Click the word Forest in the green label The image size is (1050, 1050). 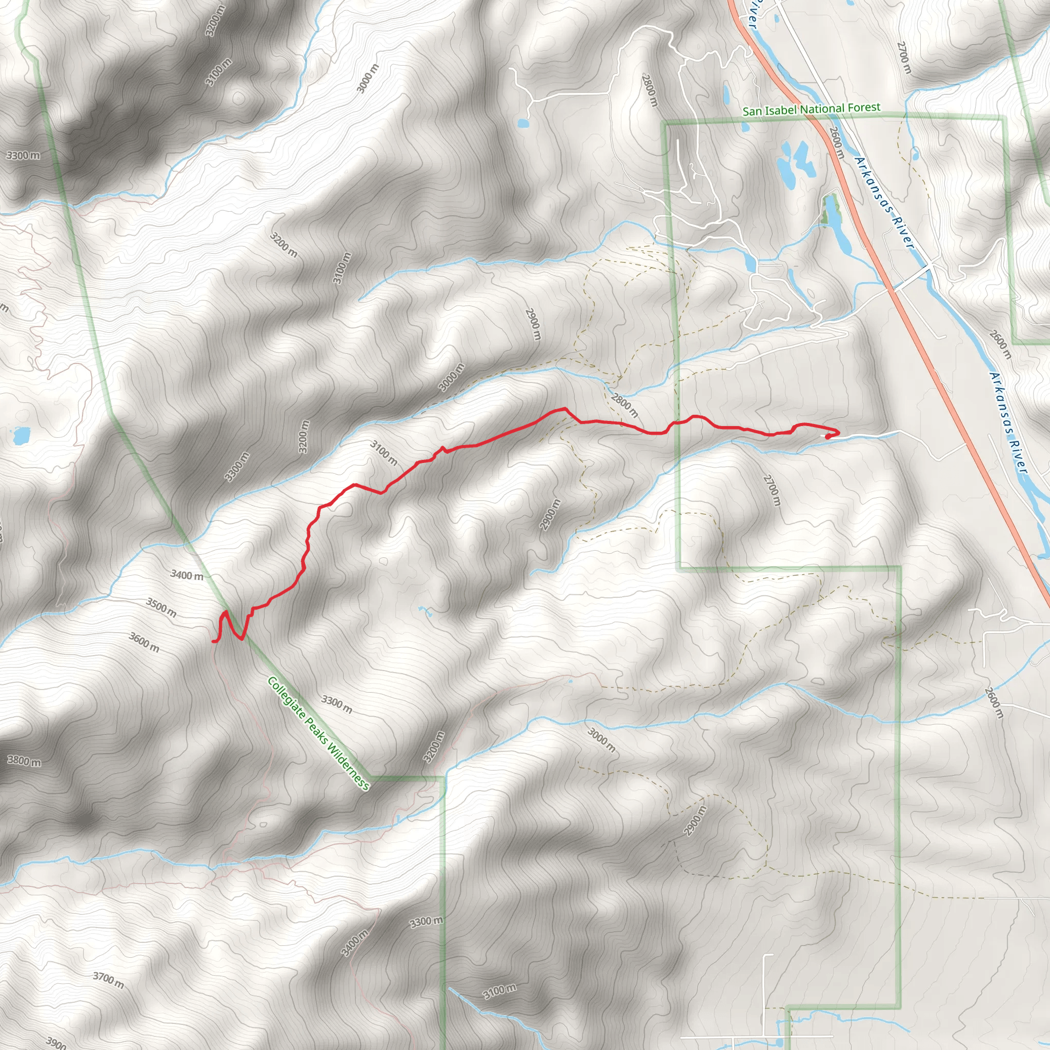tap(862, 108)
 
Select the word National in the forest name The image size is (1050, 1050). tap(821, 109)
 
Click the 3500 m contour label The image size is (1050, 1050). tap(161, 607)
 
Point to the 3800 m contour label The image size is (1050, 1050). tap(24, 761)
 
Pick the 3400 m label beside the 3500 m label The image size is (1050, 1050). tap(187, 575)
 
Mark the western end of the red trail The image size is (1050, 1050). tap(212, 642)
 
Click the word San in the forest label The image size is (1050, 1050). tap(752, 111)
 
